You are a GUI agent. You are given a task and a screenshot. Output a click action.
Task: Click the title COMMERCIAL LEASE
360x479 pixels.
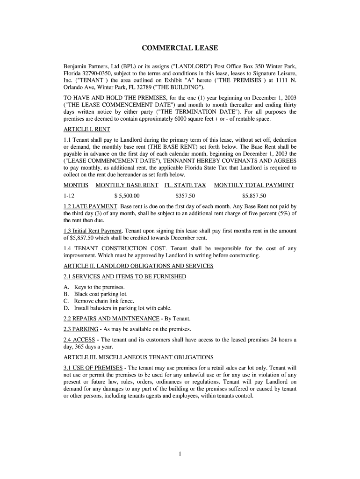click(x=180, y=48)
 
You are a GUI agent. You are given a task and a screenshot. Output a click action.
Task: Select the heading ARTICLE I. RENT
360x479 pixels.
click(x=86, y=130)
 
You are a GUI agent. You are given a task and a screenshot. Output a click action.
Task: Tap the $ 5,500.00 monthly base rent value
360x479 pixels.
click(x=127, y=196)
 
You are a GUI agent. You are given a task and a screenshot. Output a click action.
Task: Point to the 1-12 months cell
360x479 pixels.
click(x=69, y=196)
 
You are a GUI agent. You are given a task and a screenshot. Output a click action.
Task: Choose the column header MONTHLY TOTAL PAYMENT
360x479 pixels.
click(x=254, y=185)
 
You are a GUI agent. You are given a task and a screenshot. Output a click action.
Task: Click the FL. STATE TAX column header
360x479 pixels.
click(x=185, y=185)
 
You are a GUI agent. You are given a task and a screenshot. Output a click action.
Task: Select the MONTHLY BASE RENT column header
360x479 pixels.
click(x=127, y=185)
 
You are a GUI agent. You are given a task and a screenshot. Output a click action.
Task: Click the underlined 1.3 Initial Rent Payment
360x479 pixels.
click(x=93, y=231)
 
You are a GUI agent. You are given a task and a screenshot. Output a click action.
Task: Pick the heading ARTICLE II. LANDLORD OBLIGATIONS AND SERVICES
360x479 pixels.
click(x=138, y=266)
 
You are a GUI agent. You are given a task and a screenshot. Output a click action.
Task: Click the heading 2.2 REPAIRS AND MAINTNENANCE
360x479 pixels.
click(x=111, y=319)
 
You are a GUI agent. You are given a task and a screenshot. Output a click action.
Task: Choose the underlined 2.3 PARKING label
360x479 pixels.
click(x=81, y=329)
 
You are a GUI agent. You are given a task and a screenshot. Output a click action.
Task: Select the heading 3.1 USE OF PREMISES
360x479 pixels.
click(x=93, y=367)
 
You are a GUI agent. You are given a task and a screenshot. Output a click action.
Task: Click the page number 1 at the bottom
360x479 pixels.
click(x=180, y=454)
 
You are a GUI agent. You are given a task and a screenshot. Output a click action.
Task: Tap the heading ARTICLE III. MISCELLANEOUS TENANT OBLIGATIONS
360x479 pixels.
click(x=138, y=357)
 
